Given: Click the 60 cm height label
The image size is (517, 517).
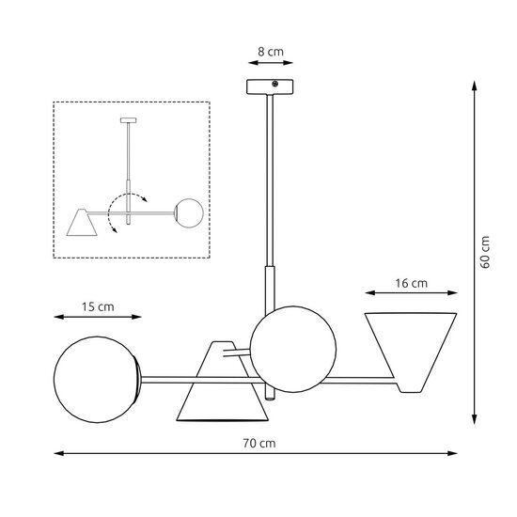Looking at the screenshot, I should tap(485, 250).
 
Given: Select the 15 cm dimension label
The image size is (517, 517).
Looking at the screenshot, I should tap(97, 306).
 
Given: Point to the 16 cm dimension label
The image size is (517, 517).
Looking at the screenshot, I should tap(410, 282).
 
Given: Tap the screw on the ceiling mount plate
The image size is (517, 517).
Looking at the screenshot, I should tap(275, 86).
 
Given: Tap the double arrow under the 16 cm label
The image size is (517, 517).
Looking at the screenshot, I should tap(410, 294).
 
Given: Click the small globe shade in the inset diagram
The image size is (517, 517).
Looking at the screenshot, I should tap(190, 211).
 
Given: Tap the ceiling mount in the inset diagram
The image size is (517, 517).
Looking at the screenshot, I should tap(129, 120).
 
